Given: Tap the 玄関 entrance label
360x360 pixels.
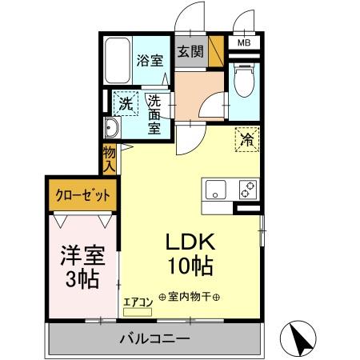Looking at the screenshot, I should pos(190,53).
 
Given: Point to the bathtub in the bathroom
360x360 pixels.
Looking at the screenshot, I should pos(118,60).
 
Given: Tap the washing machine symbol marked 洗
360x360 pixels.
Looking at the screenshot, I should pos(125,103).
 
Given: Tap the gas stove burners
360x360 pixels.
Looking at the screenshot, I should pos(246,190).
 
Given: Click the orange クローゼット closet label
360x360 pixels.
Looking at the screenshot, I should pos(82,194).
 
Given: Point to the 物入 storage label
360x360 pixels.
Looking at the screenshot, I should pos(110,158).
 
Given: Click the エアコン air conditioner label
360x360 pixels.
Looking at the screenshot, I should pos(138,302).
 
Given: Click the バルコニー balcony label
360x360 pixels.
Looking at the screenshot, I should pos(155,338).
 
